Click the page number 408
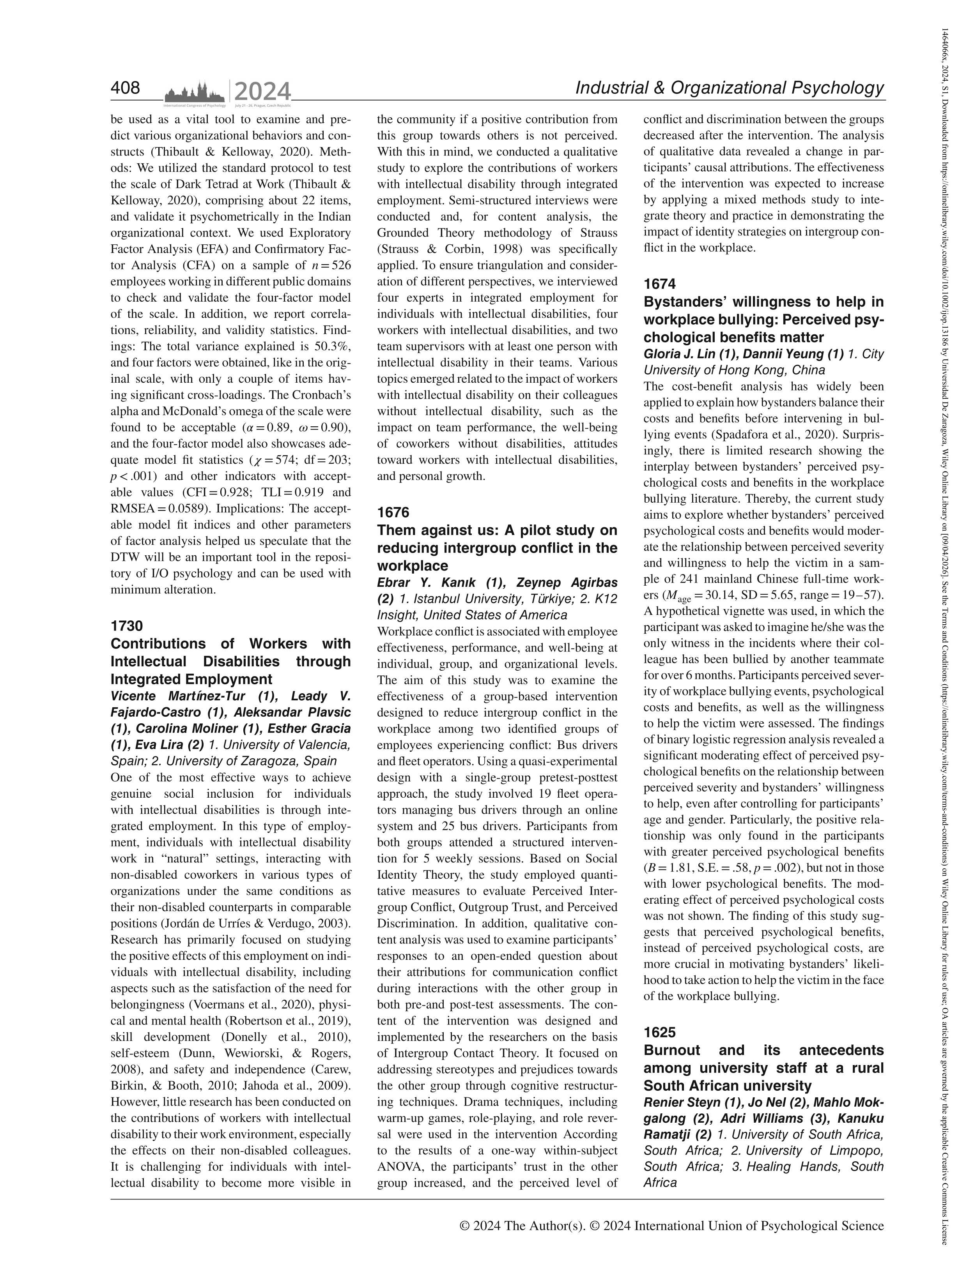(x=126, y=88)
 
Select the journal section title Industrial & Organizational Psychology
(x=729, y=88)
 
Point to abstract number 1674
(x=660, y=284)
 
